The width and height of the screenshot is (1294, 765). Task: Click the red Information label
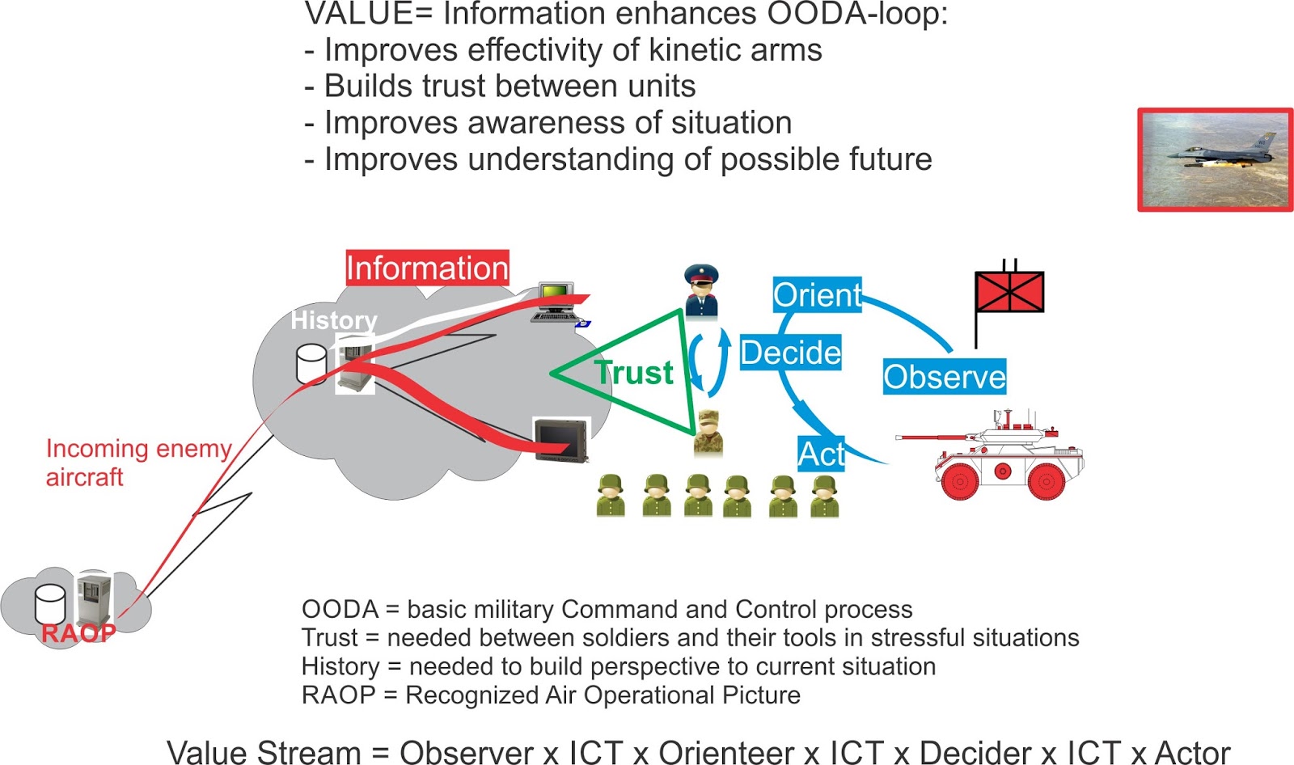coord(427,268)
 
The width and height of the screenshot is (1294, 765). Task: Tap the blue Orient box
coord(817,295)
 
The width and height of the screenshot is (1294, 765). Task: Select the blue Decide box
coord(790,353)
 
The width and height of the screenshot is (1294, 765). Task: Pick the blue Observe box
coord(944,377)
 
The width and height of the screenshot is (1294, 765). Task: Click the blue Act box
coord(821,454)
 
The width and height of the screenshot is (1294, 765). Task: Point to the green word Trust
coord(634,373)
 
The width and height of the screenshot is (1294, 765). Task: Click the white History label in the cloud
coord(334,320)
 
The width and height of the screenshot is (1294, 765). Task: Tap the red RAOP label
coord(78,632)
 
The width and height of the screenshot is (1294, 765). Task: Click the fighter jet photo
coord(1215,159)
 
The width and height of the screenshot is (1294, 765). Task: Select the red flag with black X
coord(1009,292)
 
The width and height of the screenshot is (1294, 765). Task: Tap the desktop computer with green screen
coord(556,302)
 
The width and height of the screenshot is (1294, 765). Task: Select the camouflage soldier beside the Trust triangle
coord(708,433)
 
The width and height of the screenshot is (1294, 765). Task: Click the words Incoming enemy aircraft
coord(138,463)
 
